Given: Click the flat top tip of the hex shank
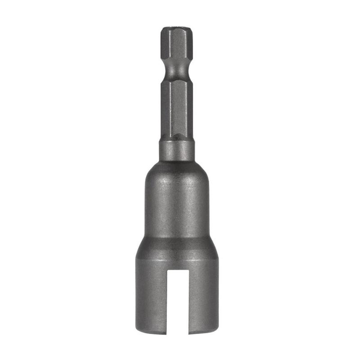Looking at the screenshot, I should click(x=177, y=28).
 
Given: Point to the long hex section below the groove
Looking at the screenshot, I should click(x=177, y=108).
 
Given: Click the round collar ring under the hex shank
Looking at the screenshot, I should click(x=177, y=150).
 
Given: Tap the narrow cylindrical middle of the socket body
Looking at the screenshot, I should click(x=177, y=207).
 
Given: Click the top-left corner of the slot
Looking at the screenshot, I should click(x=167, y=271).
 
